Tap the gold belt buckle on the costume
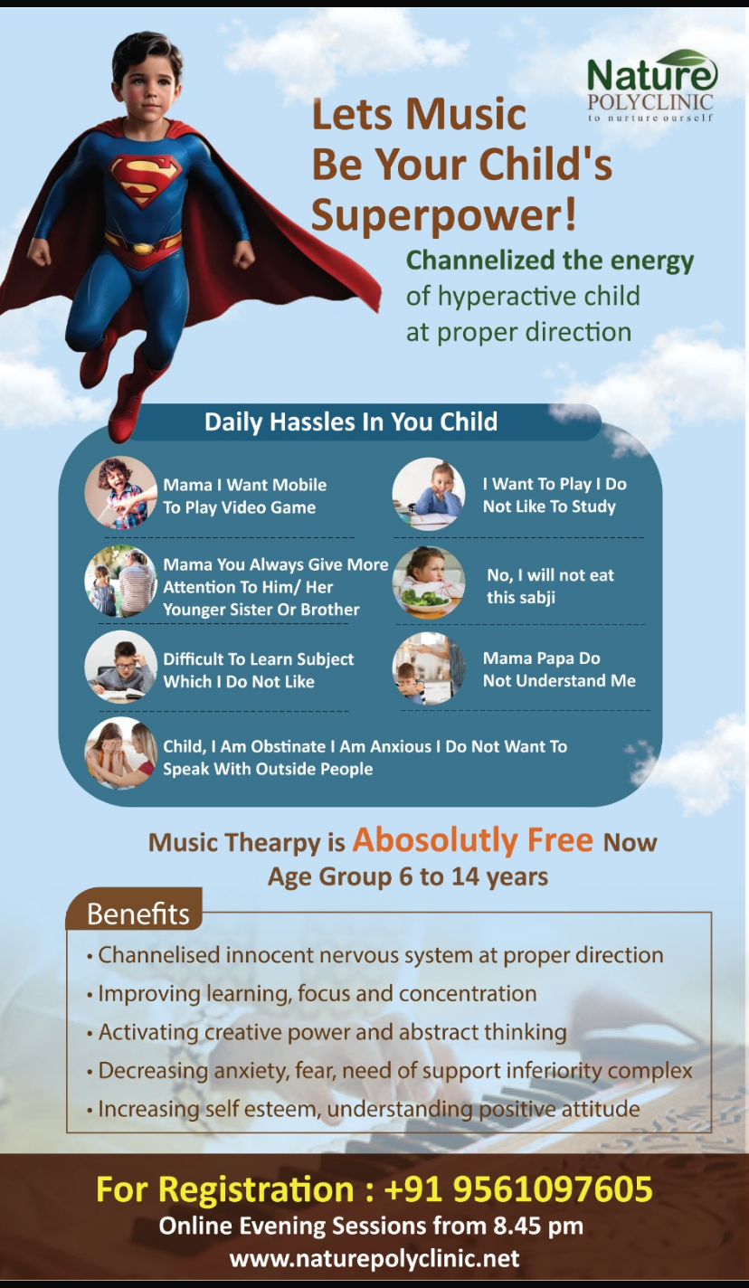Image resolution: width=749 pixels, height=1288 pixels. [143, 248]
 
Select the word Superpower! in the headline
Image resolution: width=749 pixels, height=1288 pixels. [443, 214]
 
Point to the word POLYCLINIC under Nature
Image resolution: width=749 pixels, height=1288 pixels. [650, 102]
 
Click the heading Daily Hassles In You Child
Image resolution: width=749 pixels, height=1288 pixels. [351, 421]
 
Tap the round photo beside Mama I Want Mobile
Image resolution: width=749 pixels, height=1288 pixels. [121, 493]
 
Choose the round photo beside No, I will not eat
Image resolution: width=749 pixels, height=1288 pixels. [429, 582]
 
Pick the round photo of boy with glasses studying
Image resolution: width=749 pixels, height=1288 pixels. [121, 667]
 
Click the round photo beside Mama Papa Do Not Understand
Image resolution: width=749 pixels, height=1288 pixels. [429, 668]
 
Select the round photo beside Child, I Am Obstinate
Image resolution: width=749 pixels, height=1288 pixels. [121, 753]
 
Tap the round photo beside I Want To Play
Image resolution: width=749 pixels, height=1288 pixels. [429, 493]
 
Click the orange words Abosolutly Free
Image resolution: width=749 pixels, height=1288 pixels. [472, 840]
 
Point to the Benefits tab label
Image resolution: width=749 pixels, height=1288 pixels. [138, 914]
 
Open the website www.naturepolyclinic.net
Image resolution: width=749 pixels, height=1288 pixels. [374, 1259]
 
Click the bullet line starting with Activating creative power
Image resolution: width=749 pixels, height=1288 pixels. [327, 1032]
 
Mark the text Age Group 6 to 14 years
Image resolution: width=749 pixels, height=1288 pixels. [408, 876]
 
